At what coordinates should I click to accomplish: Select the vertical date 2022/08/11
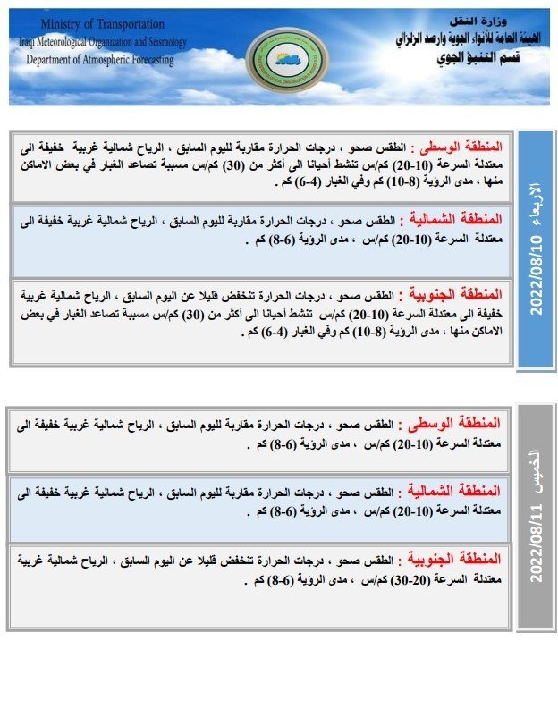click(537, 545)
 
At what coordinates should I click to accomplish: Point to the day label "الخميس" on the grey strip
click(537, 459)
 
